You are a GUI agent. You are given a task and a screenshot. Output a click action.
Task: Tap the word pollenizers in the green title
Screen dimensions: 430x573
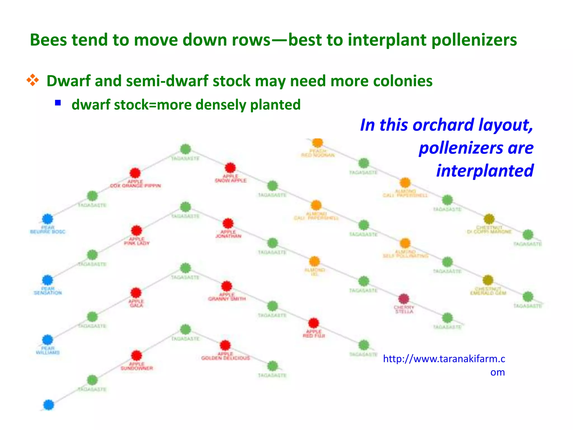(474, 40)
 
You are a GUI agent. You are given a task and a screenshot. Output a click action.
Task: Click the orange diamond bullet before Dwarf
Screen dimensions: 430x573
(32, 80)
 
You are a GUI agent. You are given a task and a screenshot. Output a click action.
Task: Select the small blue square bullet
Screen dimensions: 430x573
(58, 103)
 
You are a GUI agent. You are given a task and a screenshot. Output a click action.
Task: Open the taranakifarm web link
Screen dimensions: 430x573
(444, 359)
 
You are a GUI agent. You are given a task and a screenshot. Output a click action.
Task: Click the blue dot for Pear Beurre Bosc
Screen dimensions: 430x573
(48, 219)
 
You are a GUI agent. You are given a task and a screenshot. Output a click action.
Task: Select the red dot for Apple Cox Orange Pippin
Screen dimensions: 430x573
(135, 173)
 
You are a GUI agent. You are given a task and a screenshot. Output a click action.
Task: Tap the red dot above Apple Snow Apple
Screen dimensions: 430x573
(230, 168)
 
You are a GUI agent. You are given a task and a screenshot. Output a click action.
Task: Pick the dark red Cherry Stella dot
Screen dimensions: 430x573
(403, 299)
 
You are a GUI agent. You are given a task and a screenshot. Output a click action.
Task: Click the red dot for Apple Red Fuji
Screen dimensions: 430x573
(313, 323)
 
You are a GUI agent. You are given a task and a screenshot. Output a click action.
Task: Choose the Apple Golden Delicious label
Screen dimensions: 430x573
(226, 356)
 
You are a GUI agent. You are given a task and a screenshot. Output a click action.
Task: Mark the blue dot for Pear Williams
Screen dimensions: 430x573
(48, 340)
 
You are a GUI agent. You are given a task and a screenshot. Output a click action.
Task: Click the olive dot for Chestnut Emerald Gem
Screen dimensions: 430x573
(488, 280)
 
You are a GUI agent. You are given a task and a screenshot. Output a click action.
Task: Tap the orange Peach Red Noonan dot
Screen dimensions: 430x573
(318, 142)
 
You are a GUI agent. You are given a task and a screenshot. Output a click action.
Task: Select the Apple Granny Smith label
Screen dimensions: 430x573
(227, 297)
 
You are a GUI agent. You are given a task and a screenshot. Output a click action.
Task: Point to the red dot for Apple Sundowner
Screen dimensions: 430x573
(137, 356)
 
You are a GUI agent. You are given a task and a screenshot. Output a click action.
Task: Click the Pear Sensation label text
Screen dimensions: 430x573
(48, 291)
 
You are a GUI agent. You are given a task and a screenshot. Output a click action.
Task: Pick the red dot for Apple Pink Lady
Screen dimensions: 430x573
(137, 231)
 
